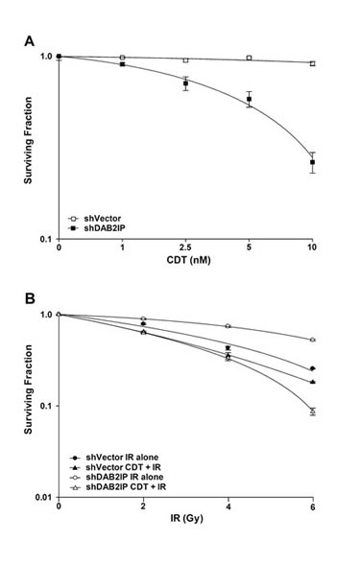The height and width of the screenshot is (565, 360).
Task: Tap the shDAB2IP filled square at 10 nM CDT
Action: click(x=312, y=162)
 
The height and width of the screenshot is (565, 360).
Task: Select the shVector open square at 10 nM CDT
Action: click(x=312, y=63)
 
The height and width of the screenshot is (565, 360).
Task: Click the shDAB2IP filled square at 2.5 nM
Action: click(x=185, y=84)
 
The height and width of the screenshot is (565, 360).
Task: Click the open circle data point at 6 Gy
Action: click(x=312, y=341)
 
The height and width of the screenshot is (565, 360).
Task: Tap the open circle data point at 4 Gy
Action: click(x=228, y=326)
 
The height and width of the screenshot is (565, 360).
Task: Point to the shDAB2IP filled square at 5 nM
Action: click(x=249, y=100)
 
